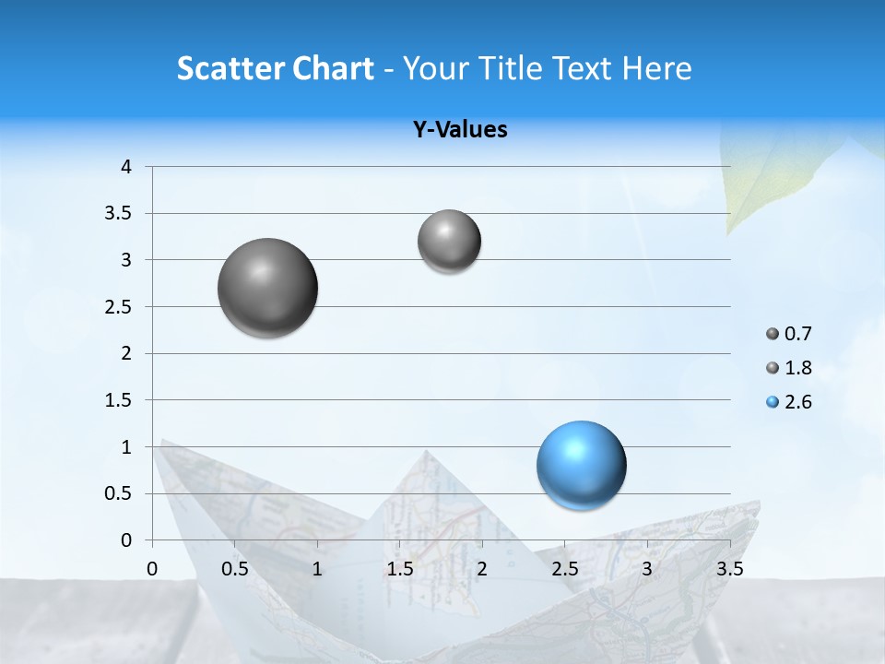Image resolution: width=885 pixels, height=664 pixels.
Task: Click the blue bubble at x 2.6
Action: [581, 465]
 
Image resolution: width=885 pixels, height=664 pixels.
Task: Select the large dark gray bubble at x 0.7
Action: [267, 288]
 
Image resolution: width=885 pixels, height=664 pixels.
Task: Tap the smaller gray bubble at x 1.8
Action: [449, 242]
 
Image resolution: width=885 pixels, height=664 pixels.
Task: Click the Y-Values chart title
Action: [460, 130]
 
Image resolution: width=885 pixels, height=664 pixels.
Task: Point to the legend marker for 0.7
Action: [773, 334]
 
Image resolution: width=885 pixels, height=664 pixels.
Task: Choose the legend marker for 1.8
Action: [773, 368]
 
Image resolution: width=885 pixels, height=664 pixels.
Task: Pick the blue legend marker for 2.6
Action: [773, 402]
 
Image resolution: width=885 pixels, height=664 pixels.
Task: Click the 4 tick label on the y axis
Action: [126, 167]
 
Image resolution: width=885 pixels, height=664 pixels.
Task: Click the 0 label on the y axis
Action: [126, 540]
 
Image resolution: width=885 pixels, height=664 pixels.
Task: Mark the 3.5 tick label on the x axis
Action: [730, 569]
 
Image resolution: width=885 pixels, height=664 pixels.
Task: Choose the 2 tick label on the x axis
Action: [482, 569]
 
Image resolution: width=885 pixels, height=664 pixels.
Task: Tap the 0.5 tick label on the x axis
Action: [235, 569]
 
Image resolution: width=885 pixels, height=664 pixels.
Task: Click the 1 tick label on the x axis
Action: [317, 569]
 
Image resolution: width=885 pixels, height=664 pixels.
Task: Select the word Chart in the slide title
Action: [334, 68]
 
